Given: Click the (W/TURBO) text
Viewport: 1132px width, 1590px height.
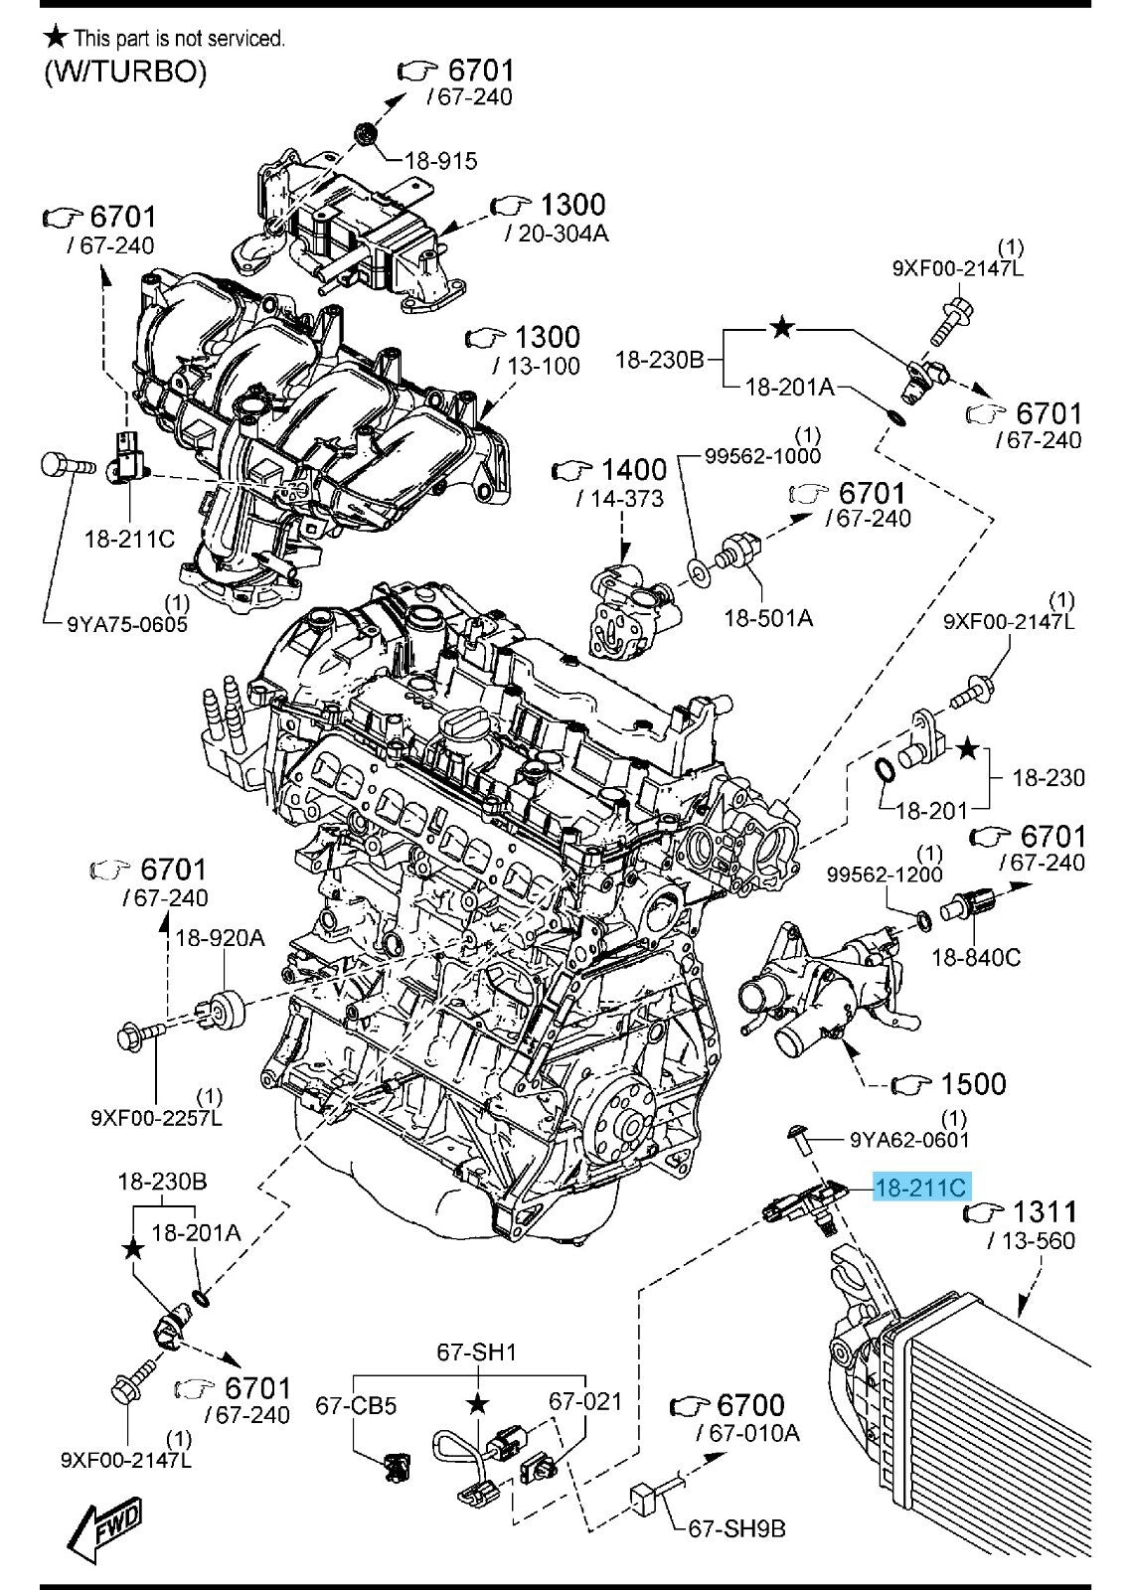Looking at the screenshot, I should point(125,72).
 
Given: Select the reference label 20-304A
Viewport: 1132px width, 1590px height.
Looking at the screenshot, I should point(557,233).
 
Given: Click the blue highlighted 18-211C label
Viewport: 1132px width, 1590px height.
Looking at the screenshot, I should point(921,1187).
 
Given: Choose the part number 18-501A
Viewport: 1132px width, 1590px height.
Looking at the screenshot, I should point(768,617).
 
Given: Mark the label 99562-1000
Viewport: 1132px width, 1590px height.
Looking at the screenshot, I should point(762,455).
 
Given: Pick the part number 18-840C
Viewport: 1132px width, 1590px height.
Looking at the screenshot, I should point(976,957).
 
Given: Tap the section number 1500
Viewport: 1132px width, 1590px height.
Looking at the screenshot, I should point(973,1083).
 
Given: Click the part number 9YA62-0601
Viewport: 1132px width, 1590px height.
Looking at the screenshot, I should point(909,1140).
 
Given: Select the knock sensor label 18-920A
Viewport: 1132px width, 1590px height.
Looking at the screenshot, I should point(221,937).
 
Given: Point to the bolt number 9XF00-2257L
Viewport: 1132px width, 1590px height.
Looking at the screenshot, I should point(156,1118).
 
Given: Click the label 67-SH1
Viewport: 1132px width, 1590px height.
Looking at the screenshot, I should point(477,1352).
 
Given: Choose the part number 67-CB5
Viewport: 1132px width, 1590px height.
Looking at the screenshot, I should point(356,1405).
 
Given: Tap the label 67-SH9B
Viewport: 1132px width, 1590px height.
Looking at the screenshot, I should point(736,1527).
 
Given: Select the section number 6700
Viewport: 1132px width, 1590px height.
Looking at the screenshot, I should point(750,1405).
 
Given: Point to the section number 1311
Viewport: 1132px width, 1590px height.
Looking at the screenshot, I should point(1044,1211).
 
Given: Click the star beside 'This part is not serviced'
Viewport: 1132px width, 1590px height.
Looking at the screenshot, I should point(57,38).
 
